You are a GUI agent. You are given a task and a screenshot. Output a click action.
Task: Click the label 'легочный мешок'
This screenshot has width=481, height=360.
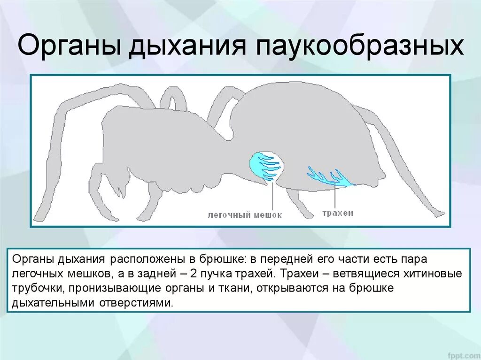(245, 215)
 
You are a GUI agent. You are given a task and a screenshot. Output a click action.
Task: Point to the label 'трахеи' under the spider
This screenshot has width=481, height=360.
(338, 213)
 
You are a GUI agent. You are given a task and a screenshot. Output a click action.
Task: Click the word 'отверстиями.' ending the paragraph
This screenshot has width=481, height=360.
(136, 303)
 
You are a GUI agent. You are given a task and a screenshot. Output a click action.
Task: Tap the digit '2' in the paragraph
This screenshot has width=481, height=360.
(226, 274)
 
